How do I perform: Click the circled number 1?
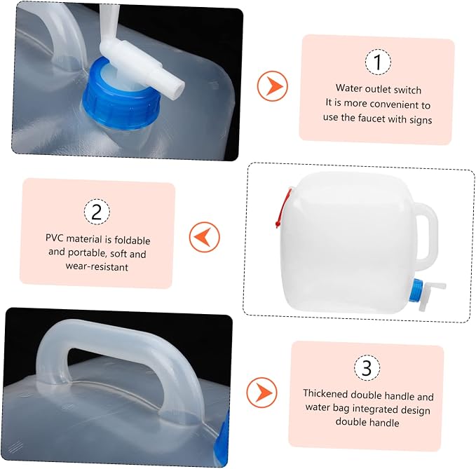(x=378, y=62)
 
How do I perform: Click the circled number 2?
(x=97, y=212)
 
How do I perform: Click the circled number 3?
(x=367, y=367)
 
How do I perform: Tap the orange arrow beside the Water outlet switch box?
(x=272, y=86)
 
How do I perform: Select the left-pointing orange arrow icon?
(x=204, y=237)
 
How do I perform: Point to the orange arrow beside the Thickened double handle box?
(x=261, y=392)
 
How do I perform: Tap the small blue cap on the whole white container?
(x=415, y=290)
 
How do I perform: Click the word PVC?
(x=55, y=238)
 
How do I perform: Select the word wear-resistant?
(x=97, y=267)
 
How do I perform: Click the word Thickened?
(x=325, y=393)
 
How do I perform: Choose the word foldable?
(x=132, y=240)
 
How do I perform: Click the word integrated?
(x=375, y=409)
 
